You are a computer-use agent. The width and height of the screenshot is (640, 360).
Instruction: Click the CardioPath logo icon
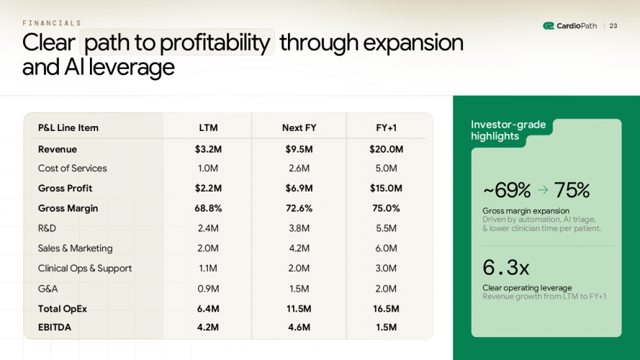click(549, 26)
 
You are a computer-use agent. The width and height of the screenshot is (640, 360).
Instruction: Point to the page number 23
click(613, 26)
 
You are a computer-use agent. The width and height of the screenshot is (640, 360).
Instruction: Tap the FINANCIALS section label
click(52, 23)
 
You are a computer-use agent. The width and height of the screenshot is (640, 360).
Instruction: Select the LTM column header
click(208, 128)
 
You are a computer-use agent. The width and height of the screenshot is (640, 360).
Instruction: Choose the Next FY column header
click(299, 128)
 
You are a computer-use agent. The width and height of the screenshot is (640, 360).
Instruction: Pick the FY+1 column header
click(387, 128)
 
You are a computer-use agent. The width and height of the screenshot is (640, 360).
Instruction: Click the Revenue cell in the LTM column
click(208, 149)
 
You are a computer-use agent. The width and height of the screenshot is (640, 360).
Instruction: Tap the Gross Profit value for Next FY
click(299, 188)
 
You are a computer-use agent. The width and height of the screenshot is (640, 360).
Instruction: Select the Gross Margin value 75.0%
click(387, 208)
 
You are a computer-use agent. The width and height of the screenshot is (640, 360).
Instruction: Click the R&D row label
click(48, 228)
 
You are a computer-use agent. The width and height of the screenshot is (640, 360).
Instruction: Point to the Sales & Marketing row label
click(75, 248)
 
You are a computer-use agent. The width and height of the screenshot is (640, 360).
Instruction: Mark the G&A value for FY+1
click(387, 289)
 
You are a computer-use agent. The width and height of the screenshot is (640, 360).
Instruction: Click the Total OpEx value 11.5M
click(299, 308)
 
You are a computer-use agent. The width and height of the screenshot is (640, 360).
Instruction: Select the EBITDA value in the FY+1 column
click(387, 328)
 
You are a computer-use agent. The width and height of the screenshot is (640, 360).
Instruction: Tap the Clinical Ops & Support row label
click(85, 269)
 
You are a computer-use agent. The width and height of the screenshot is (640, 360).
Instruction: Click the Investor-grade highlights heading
click(508, 130)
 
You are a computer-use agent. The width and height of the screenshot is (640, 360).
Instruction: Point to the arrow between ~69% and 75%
click(543, 191)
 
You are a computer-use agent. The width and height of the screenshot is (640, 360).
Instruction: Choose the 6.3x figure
click(506, 268)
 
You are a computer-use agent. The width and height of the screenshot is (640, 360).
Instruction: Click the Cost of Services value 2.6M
click(299, 168)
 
